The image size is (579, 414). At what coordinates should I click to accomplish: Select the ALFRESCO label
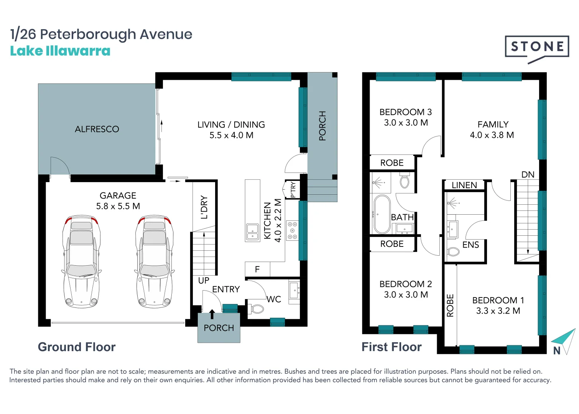tap(97, 129)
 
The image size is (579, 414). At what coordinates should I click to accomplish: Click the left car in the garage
tap(82, 261)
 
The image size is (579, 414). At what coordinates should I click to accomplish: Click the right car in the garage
tap(155, 261)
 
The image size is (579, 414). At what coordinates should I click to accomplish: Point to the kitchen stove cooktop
tap(292, 230)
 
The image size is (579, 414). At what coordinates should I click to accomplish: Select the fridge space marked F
tap(257, 269)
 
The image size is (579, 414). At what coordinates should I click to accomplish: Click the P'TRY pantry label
tap(293, 189)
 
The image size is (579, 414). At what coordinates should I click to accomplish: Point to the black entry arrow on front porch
tap(212, 314)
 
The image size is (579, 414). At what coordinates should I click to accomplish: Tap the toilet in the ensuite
tap(453, 252)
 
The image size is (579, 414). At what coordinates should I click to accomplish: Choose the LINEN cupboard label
tap(464, 185)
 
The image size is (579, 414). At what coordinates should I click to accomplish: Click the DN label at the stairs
tap(528, 174)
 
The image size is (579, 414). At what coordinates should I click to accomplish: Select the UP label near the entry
tap(204, 281)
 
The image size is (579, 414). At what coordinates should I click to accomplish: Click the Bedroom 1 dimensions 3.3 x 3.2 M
tap(498, 311)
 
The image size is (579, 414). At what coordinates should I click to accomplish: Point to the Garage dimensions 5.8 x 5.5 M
tap(118, 206)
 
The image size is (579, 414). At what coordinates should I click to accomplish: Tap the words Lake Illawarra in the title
tap(60, 51)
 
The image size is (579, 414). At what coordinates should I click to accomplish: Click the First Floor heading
tap(391, 347)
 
